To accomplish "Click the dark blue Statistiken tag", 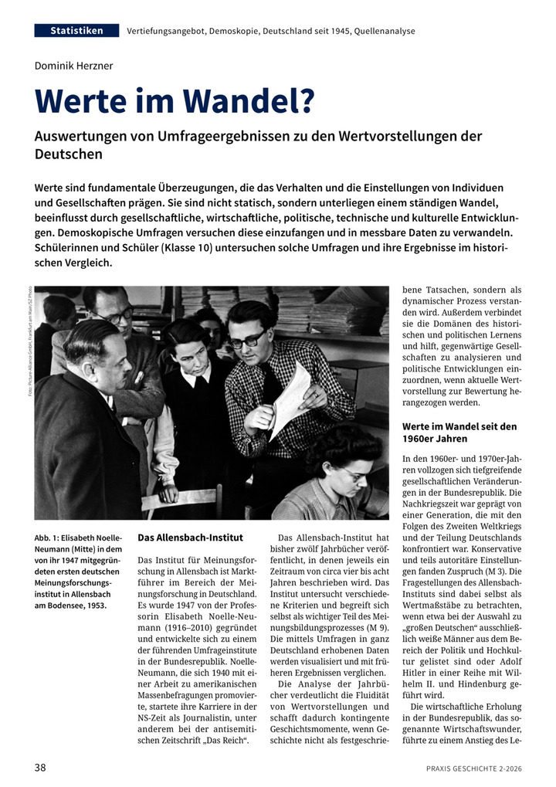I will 76,31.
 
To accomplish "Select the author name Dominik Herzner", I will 73,66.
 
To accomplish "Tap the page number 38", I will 41,768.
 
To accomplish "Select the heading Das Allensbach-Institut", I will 190,538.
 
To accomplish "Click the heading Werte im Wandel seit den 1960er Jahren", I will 459,433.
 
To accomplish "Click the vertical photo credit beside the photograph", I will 29,343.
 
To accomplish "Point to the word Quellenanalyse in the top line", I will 381,32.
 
